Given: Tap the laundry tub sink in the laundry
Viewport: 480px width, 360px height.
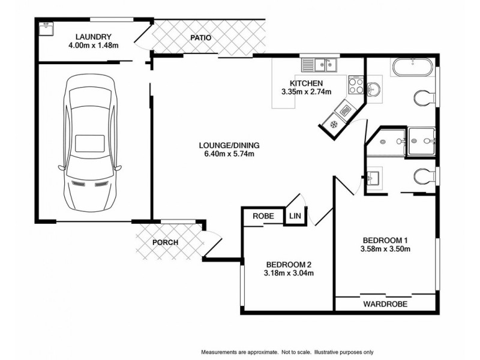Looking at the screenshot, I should [x=46, y=26].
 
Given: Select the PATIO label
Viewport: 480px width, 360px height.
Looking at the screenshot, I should [x=200, y=38].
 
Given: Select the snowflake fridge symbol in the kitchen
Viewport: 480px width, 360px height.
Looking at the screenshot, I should [x=331, y=124].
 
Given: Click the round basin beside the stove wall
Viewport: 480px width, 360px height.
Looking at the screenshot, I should [x=373, y=89].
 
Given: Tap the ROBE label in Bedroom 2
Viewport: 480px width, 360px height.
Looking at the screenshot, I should [x=263, y=217].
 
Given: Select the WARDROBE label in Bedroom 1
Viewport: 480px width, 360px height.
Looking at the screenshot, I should [x=385, y=304].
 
